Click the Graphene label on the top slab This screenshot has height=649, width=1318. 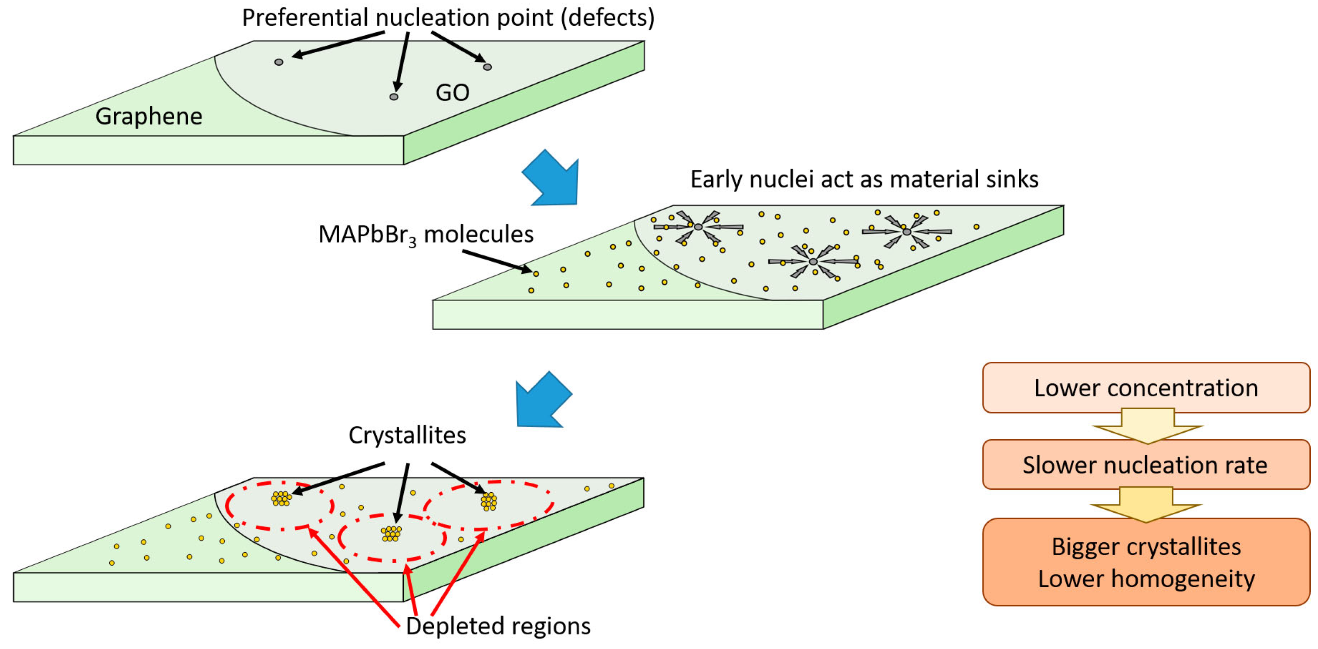(149, 117)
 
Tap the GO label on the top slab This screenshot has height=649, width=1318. (452, 93)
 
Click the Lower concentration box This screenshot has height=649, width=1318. (1146, 388)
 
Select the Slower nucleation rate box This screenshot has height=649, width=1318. (1146, 465)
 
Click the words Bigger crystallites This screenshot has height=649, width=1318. (1146, 547)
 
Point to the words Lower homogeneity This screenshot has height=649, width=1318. (1146, 579)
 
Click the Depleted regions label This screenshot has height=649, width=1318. (498, 626)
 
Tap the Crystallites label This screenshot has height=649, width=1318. (407, 435)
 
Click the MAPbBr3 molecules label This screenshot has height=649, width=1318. (426, 235)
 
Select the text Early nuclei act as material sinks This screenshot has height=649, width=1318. (864, 179)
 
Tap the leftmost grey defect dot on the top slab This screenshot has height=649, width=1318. (279, 62)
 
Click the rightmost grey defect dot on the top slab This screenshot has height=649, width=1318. (487, 67)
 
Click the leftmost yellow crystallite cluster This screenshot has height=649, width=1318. (281, 499)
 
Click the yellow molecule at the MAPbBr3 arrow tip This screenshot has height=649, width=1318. (536, 274)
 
